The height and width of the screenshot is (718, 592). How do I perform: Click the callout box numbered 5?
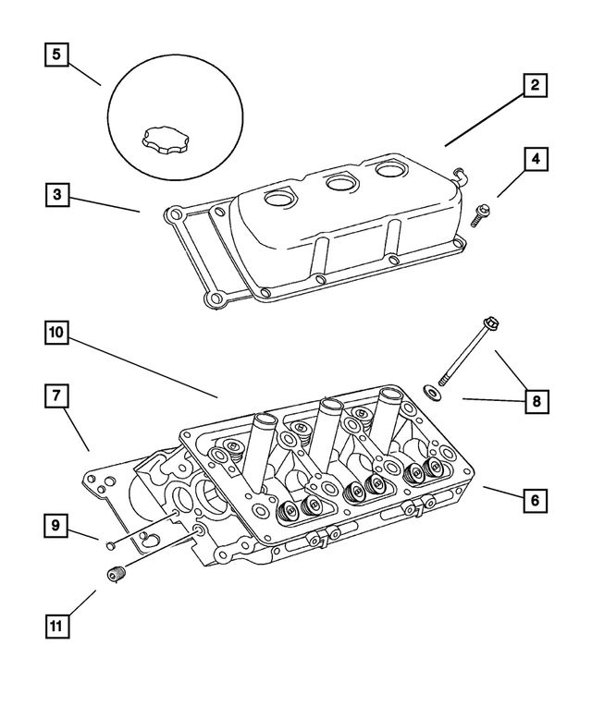(56, 55)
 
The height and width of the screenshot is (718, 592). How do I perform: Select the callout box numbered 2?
(534, 86)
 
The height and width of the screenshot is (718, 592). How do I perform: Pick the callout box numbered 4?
(534, 158)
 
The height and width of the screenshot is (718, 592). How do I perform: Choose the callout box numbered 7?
(56, 396)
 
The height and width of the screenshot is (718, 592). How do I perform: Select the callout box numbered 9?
(56, 526)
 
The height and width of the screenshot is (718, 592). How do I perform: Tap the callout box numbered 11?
(56, 626)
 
